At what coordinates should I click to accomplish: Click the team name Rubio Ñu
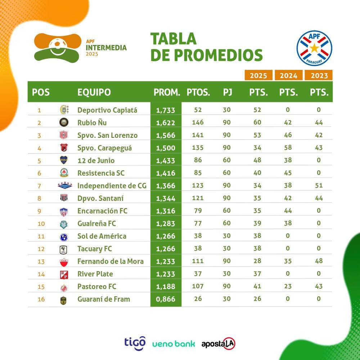(92, 123)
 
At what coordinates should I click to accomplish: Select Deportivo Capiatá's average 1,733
(166, 110)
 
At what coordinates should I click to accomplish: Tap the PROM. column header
(167, 92)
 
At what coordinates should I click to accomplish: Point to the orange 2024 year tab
(288, 75)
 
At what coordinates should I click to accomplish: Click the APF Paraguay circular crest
(314, 48)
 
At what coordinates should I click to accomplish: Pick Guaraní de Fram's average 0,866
(166, 299)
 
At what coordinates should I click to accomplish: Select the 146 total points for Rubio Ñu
(198, 123)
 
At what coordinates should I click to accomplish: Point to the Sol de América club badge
(64, 237)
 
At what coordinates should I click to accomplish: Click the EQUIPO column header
(94, 92)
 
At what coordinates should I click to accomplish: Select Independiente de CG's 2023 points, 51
(318, 186)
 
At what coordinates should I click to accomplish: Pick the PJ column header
(227, 92)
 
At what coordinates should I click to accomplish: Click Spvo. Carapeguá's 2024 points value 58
(288, 148)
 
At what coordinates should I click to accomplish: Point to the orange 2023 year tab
(319, 75)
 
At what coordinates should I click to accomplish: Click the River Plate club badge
(64, 274)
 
